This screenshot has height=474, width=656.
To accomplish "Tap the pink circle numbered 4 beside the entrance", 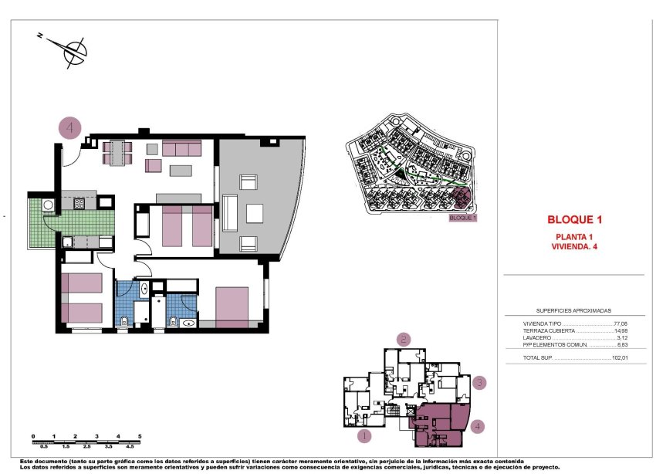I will click(70, 127).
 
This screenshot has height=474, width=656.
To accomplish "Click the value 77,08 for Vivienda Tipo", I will click(620, 324).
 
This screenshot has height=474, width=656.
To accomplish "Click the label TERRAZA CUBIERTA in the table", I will click(549, 331).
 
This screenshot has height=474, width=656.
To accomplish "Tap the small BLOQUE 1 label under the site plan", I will click(463, 218).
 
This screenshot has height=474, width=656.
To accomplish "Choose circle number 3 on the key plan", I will click(479, 382).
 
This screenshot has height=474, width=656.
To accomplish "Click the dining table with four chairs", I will click(118, 152).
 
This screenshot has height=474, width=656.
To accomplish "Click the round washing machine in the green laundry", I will click(48, 205).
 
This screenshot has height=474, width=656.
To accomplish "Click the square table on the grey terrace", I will click(255, 212).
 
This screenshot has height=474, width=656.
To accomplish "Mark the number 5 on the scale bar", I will click(140, 437).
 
